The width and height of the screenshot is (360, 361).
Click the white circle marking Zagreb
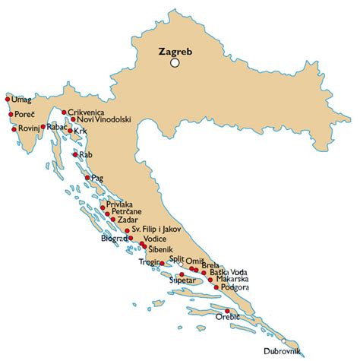(x=175, y=64)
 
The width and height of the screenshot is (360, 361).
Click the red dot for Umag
(x=8, y=99)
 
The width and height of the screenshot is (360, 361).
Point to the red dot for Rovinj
(x=14, y=129)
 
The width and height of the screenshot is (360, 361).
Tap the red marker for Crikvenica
(x=65, y=111)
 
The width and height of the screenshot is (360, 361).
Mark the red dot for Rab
(x=75, y=155)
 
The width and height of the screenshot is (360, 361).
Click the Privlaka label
(x=121, y=204)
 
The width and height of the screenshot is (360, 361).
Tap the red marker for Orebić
(x=228, y=311)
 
